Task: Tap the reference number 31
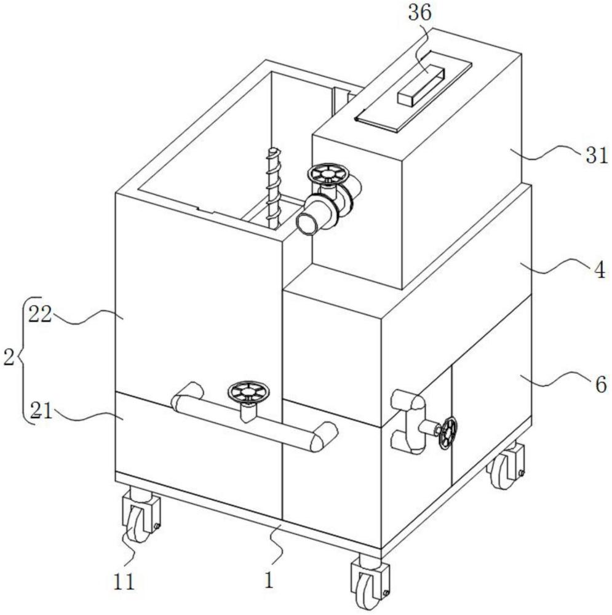tap(597, 156)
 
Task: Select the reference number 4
tap(600, 271)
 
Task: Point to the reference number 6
tap(601, 384)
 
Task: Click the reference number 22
tap(41, 314)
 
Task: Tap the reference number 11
tap(124, 582)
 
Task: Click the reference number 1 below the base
tap(269, 581)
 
